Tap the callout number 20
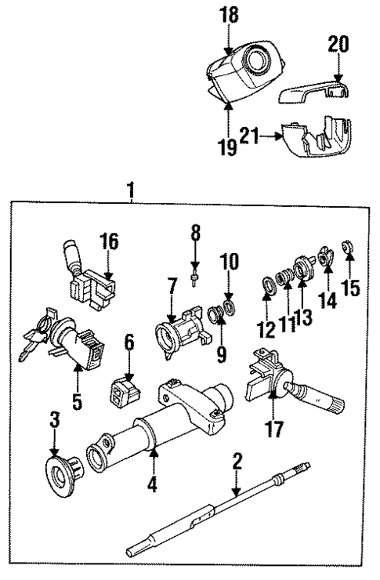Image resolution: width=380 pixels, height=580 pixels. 338,45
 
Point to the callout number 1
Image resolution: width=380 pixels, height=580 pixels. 131,190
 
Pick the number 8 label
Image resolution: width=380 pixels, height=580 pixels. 196,232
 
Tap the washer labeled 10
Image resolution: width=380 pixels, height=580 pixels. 229,303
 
